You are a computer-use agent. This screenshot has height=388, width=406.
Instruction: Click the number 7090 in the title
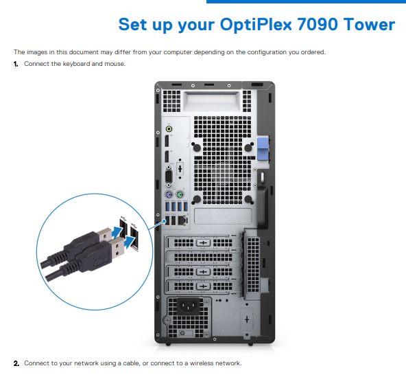[318, 25]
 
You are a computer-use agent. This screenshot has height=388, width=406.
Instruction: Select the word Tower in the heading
[369, 25]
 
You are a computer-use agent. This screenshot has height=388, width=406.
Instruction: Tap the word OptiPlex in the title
[256, 25]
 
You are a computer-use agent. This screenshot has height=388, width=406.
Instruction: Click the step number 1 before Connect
[16, 64]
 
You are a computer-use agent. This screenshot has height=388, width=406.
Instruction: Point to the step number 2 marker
[16, 363]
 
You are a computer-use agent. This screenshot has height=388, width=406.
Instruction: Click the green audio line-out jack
[169, 129]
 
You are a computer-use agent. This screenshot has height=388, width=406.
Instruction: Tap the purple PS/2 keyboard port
[169, 194]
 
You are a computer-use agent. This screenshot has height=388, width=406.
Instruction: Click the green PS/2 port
[180, 194]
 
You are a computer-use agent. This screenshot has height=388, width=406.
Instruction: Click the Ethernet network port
[183, 220]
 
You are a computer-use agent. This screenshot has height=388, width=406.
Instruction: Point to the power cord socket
[188, 306]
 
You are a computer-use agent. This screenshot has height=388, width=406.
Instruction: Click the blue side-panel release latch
[263, 148]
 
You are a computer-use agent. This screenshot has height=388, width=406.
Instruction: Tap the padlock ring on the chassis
[262, 177]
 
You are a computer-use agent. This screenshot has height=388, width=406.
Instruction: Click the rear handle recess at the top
[211, 101]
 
